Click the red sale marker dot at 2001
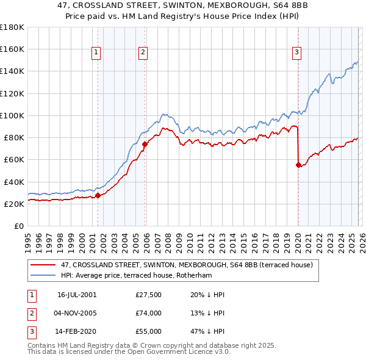[x=98, y=196]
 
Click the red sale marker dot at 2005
[x=145, y=144]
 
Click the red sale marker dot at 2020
[x=298, y=165]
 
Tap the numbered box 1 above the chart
[x=96, y=53]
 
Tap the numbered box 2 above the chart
[x=143, y=53]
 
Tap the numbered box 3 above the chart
[x=296, y=53]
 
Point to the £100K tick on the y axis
[x=12, y=115]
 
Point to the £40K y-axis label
[x=13, y=182]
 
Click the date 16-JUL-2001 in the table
[x=77, y=295]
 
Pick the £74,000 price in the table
[x=149, y=313]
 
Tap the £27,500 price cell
[x=149, y=295]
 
